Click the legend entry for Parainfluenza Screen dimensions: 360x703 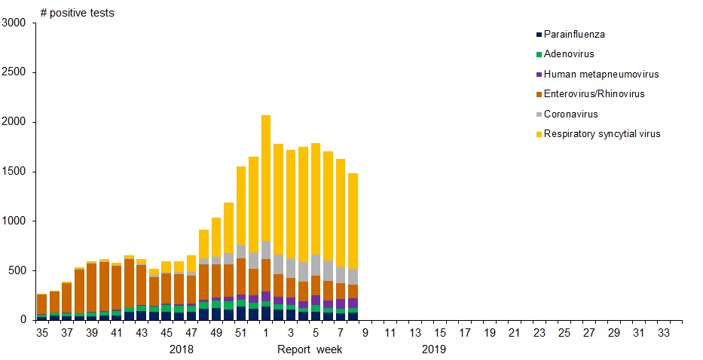pos(574,35)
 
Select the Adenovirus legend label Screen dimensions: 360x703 pos(569,54)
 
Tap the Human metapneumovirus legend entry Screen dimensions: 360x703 pos(601,75)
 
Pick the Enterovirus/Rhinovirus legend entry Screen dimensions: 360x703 pos(594,94)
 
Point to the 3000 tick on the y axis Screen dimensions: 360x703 pos(15,23)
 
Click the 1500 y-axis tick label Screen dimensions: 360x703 pos(15,172)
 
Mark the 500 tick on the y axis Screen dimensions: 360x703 pos(18,270)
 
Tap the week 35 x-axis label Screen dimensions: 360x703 pos(42,332)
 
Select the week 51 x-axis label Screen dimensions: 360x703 pos(240,332)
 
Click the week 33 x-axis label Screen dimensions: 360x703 pos(663,332)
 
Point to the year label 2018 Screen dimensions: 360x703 pos(182,349)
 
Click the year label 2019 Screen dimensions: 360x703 pos(433,349)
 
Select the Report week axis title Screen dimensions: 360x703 pos(310,349)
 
